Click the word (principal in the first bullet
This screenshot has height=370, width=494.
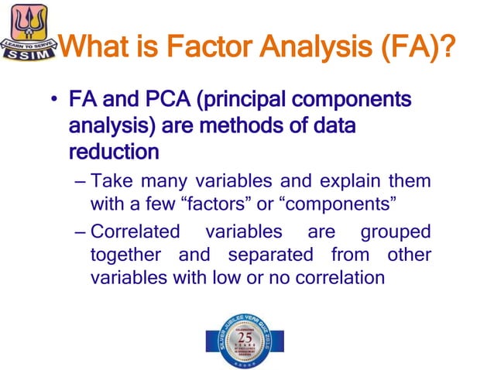point(243,101)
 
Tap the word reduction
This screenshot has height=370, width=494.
point(114,150)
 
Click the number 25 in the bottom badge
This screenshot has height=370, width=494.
point(245,338)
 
